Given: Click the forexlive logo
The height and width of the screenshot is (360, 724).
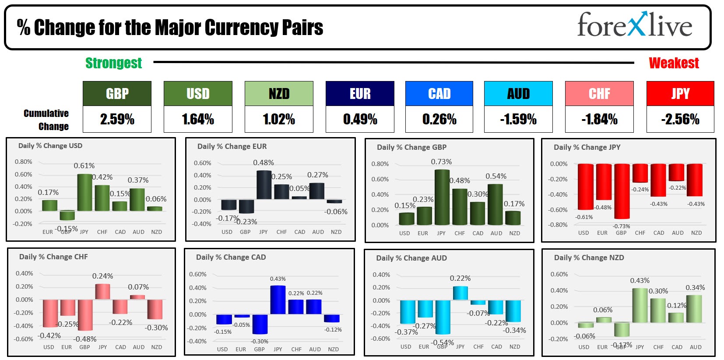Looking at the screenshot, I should coord(634,25).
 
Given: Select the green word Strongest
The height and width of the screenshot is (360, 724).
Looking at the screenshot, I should coord(113,63).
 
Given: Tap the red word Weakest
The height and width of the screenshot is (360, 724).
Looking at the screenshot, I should coord(674,63).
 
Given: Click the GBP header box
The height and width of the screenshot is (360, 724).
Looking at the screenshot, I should coord(117,94).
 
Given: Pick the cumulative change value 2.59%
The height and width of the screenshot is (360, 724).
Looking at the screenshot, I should coord(117,119).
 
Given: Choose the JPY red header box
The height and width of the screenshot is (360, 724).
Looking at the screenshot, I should coord(680,94).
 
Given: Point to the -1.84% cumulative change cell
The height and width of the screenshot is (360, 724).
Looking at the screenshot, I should coord(599,119).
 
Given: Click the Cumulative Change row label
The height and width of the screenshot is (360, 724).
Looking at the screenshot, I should coord(47,120).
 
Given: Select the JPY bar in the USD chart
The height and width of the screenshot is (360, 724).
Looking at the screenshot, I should coord(84,192).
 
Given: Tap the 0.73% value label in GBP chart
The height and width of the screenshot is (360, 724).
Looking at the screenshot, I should coord(441,162).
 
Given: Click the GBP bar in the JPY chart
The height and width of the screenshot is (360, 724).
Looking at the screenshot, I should coord(621,191).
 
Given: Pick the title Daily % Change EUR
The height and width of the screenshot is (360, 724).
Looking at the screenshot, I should coord(232,147).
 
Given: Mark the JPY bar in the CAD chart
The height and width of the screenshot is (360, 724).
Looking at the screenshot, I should coord(278,300).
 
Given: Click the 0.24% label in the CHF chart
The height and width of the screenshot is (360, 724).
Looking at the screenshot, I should coord(102,276).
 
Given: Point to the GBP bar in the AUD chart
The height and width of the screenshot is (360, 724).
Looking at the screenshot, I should coord(443,317).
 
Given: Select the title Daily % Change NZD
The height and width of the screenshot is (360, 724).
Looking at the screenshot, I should coord(589,258).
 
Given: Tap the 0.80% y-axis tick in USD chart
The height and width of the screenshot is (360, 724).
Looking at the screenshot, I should coord(23,162).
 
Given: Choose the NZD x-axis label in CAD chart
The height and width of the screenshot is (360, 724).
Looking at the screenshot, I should coord(333,349).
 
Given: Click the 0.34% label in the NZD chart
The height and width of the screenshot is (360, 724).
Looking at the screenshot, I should coord(695,288).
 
